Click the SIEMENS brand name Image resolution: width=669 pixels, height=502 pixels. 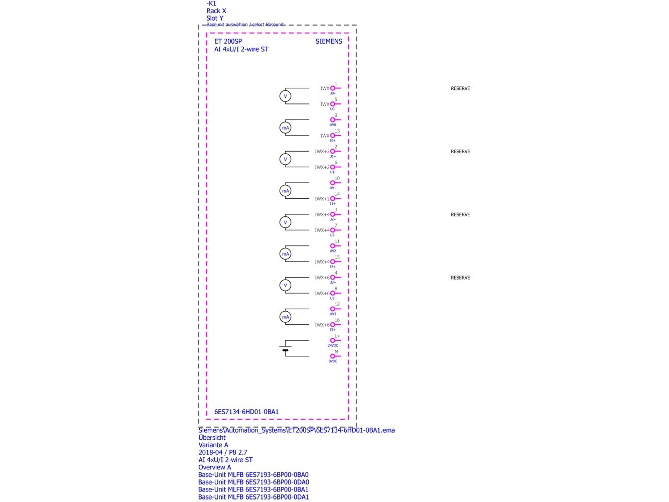click(x=329, y=42)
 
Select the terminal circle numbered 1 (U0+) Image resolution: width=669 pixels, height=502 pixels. click(x=332, y=88)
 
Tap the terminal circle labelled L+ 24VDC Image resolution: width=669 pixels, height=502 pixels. click(x=332, y=340)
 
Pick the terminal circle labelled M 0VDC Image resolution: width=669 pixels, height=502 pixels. click(x=332, y=356)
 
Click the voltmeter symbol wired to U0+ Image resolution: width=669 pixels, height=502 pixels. click(x=286, y=96)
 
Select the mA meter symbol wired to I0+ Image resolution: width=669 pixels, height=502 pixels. click(x=286, y=128)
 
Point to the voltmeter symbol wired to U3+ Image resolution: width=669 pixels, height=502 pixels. click(x=286, y=286)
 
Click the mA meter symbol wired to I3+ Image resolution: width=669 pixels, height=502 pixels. click(x=286, y=317)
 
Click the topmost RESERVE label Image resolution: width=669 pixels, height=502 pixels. click(x=460, y=89)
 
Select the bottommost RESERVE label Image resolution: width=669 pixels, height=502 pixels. click(x=460, y=278)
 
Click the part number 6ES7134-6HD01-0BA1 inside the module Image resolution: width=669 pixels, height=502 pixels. click(x=246, y=412)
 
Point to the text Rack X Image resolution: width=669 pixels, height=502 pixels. click(x=216, y=11)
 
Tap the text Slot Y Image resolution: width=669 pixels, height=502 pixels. click(x=215, y=19)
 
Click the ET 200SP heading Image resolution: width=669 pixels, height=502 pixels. click(x=228, y=42)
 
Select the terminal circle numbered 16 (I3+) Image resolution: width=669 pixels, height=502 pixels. click(x=332, y=325)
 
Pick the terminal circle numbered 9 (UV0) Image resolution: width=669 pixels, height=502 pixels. click(x=332, y=120)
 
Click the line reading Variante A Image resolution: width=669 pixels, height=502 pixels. click(x=213, y=445)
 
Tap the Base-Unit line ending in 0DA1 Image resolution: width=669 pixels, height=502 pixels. click(x=253, y=497)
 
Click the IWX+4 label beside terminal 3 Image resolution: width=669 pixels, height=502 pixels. click(x=322, y=215)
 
